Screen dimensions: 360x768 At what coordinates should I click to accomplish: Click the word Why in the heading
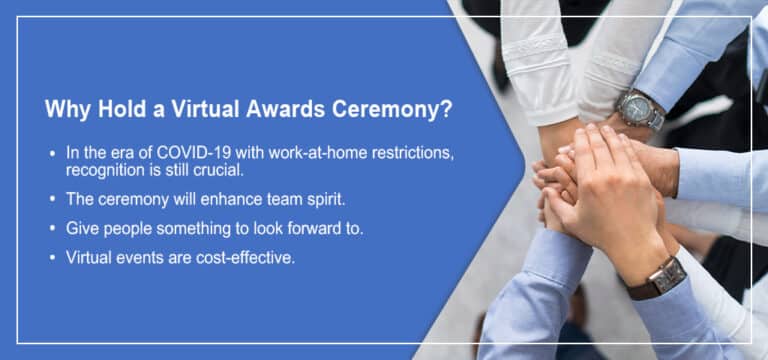pyautogui.click(x=66, y=110)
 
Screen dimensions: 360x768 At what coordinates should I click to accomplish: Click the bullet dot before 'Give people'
pyautogui.click(x=52, y=229)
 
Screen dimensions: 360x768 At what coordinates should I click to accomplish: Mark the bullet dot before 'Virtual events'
pyautogui.click(x=52, y=258)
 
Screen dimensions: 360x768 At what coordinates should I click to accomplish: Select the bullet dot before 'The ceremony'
pyautogui.click(x=52, y=199)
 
